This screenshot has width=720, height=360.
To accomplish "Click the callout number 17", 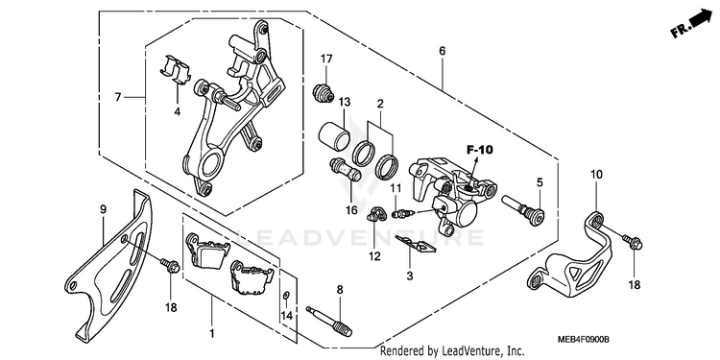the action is [x=326, y=59].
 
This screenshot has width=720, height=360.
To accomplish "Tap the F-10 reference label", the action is [x=479, y=149].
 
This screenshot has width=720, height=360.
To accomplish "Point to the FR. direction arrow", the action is [x=690, y=24].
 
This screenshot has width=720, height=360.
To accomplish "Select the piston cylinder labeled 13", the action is [x=335, y=135].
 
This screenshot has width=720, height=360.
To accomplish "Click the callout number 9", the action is [x=104, y=210].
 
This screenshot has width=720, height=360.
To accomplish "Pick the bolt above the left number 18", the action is [x=170, y=265].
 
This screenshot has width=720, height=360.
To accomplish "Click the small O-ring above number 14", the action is [x=286, y=296].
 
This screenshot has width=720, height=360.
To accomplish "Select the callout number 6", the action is [x=442, y=51].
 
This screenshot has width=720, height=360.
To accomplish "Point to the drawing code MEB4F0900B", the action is [x=583, y=340].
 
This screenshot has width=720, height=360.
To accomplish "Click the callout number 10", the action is [x=596, y=175].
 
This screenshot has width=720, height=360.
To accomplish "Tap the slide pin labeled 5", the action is [x=523, y=210].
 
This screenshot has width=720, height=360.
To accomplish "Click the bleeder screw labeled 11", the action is [x=403, y=213].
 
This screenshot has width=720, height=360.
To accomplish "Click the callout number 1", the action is [x=212, y=334].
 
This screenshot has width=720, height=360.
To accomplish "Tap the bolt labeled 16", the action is [x=345, y=169].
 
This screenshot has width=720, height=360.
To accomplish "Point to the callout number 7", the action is [x=118, y=97].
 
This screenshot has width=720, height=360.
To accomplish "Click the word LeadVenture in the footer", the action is [x=473, y=351].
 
